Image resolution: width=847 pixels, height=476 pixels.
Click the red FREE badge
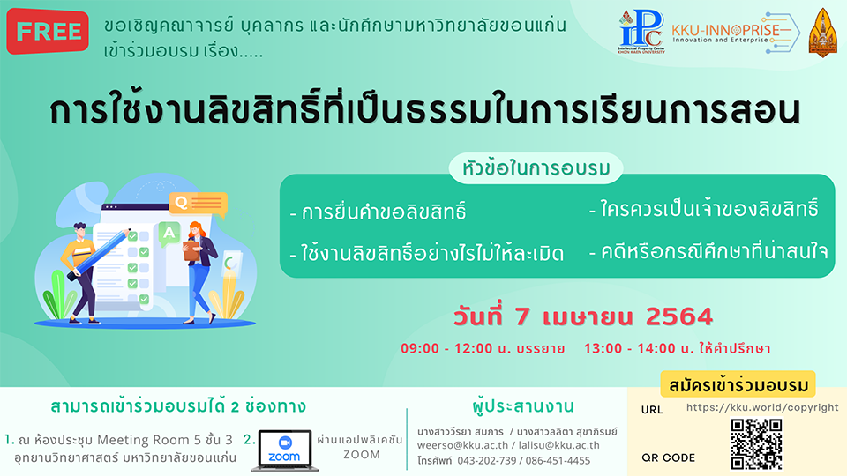click(x=48, y=32)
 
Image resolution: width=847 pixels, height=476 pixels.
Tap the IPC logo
click(x=641, y=32)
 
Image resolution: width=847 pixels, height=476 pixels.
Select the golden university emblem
click(x=822, y=33)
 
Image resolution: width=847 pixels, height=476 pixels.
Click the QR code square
click(x=756, y=444)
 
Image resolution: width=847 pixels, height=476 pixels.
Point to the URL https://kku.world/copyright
click(x=762, y=408)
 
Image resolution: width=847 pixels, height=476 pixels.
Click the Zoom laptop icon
click(x=285, y=450)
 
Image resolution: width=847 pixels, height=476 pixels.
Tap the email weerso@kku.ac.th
click(x=462, y=445)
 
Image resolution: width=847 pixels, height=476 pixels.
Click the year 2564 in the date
click(x=679, y=316)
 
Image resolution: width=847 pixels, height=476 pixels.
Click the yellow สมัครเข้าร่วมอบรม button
click(x=738, y=385)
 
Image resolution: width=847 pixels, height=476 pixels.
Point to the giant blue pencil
click(x=99, y=254)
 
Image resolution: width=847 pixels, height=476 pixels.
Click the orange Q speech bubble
click(x=199, y=205)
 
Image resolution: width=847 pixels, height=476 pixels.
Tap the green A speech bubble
click(x=169, y=234)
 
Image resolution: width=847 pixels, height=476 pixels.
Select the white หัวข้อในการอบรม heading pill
click(x=536, y=169)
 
